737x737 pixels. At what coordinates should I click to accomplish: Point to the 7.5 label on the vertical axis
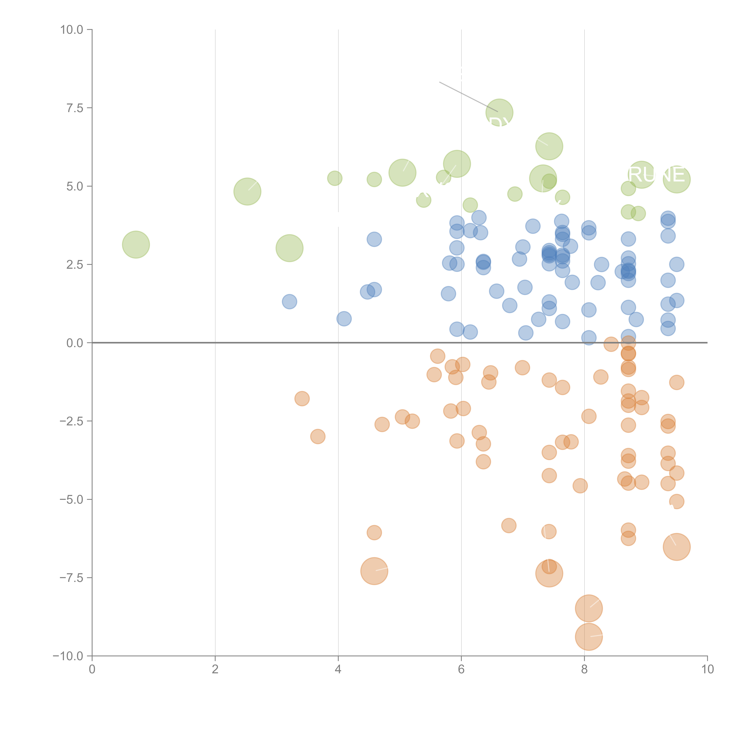[x=75, y=108]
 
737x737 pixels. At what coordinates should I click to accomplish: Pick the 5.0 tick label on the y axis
[x=75, y=186]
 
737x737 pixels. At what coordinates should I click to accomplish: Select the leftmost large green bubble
[x=136, y=245]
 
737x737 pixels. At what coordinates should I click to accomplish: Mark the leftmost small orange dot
[x=302, y=399]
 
